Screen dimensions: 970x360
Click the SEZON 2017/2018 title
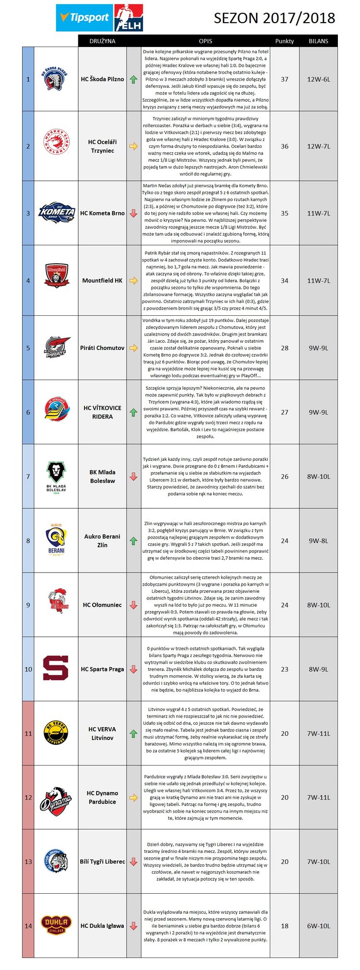click(x=274, y=18)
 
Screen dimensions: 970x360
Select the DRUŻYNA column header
click(x=102, y=41)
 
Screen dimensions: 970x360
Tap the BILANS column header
click(x=318, y=41)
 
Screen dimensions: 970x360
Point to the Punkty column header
click(x=284, y=41)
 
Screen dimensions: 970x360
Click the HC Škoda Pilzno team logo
click(x=56, y=79)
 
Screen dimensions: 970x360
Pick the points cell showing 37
click(x=284, y=79)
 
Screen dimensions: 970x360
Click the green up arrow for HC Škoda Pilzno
click(x=133, y=79)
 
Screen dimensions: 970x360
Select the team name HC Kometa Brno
click(x=102, y=213)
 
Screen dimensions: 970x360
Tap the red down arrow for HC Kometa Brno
click(x=133, y=213)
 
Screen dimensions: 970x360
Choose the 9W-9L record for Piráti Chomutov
click(x=318, y=348)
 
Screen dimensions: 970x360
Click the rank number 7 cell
click(x=28, y=476)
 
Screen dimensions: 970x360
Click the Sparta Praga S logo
click(x=56, y=669)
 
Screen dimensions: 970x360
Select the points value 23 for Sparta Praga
click(x=284, y=669)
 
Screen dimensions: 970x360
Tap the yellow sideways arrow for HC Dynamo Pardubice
click(x=133, y=797)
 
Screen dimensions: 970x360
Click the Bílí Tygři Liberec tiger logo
click(x=56, y=862)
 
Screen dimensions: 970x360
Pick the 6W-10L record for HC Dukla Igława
click(x=318, y=926)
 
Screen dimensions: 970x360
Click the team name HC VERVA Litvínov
click(x=102, y=733)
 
